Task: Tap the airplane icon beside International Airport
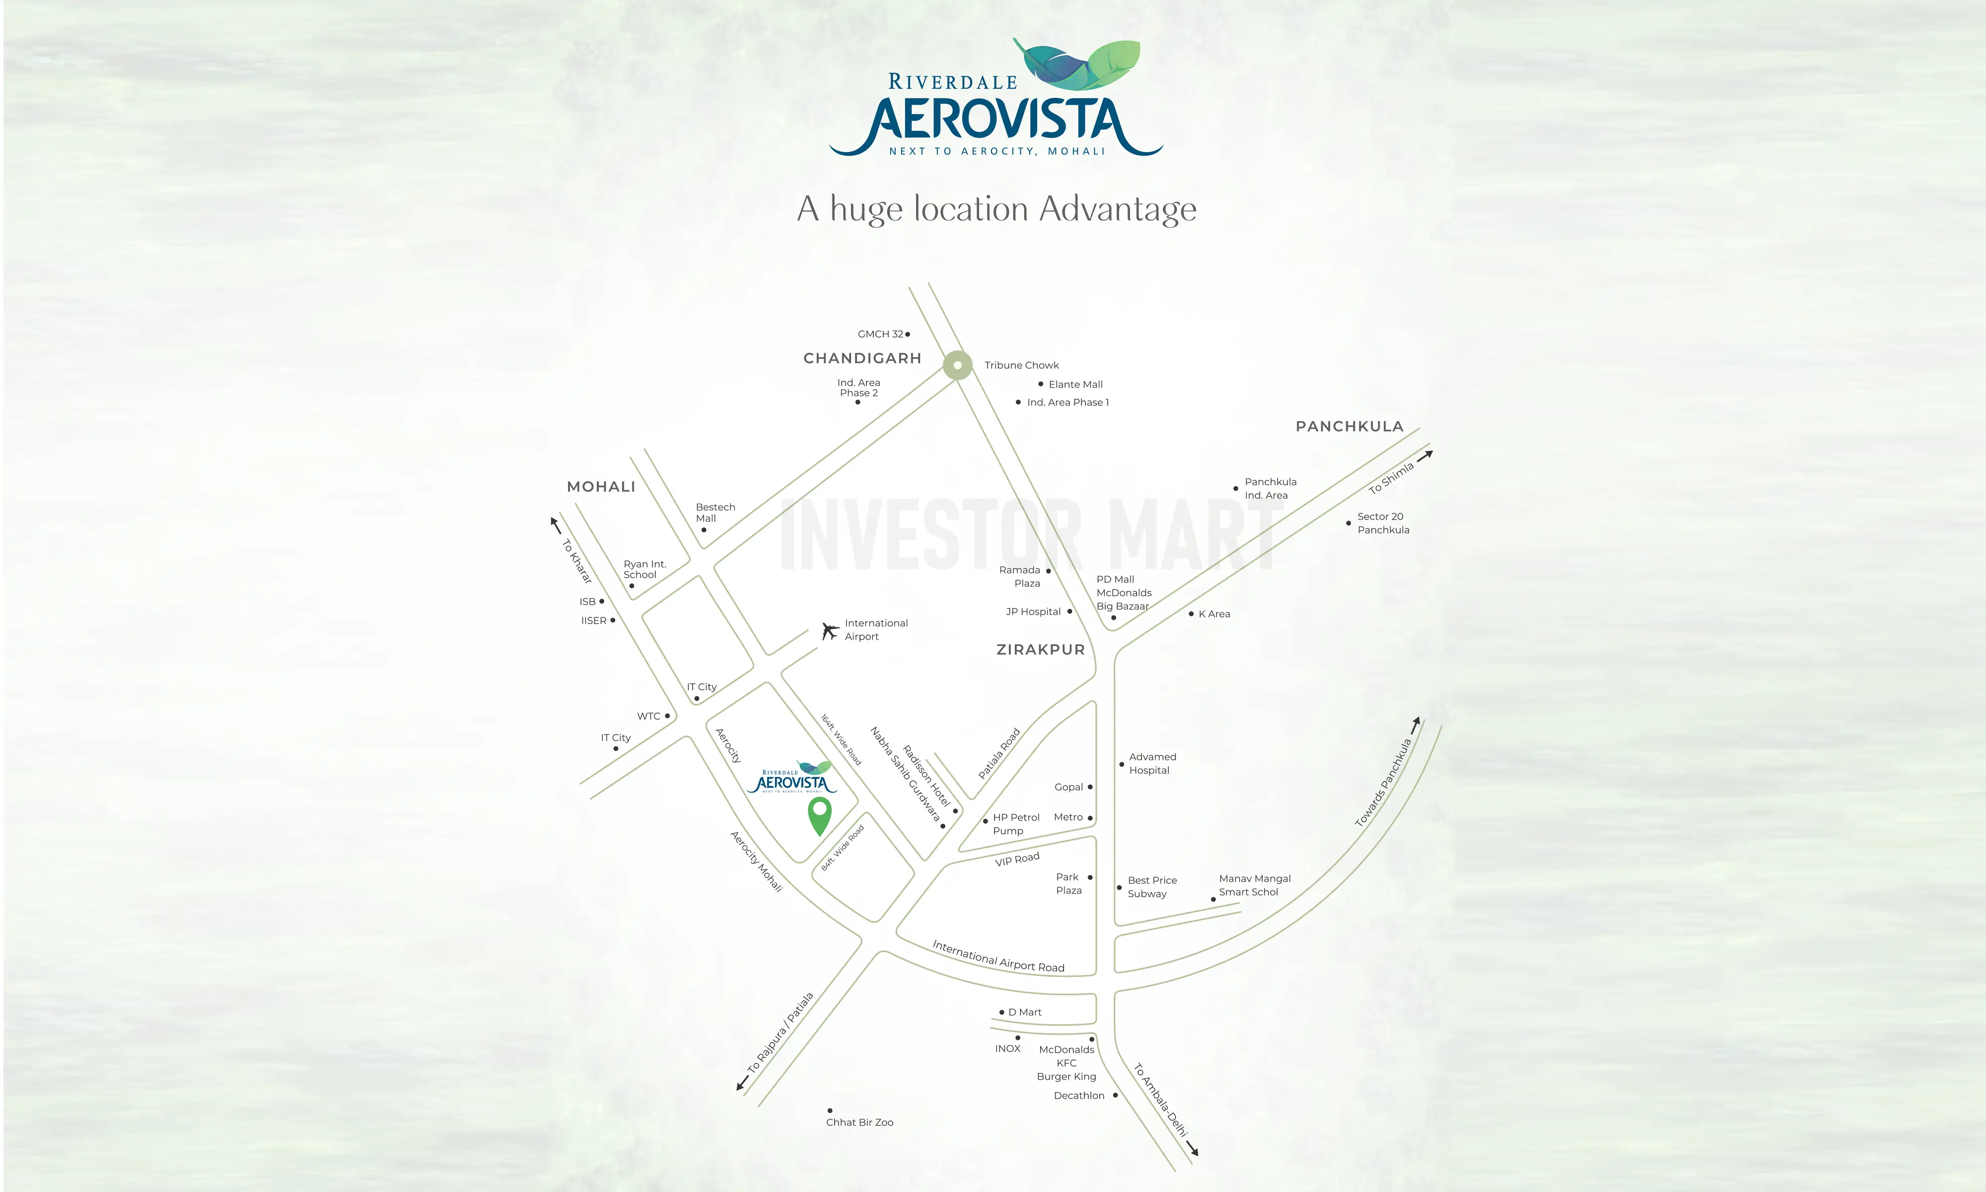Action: coord(830,631)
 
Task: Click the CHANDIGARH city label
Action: coord(862,358)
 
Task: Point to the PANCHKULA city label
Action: coord(1349,427)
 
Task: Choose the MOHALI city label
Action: coord(600,487)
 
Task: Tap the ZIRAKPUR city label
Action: coord(1040,650)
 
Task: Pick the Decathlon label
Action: coord(1079,1096)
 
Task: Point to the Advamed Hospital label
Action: coord(1151,763)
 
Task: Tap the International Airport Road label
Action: coord(998,957)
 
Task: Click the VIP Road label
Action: coord(1017,859)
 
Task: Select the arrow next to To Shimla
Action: coord(1425,455)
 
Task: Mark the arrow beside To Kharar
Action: coord(555,524)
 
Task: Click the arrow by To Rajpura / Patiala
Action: coord(743,1083)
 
